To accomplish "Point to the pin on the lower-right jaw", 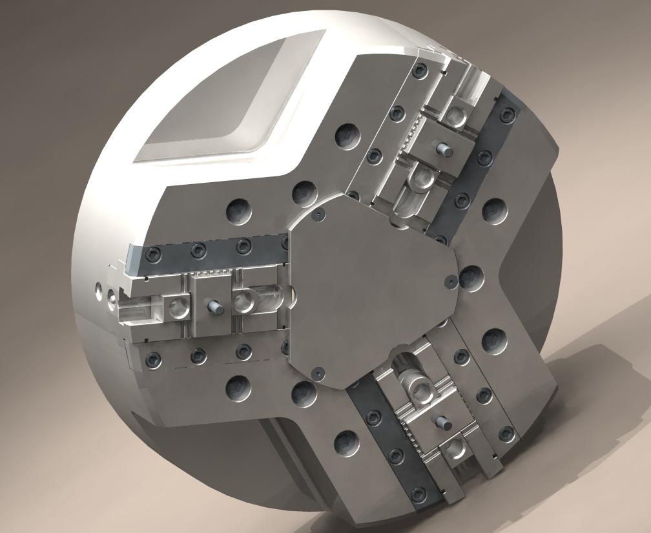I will point(444,423).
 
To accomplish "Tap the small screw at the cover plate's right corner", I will point(449,281).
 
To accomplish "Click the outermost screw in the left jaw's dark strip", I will point(153,252).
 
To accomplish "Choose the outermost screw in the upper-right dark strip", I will point(509,115).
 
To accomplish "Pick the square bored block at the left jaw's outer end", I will point(176,307).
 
